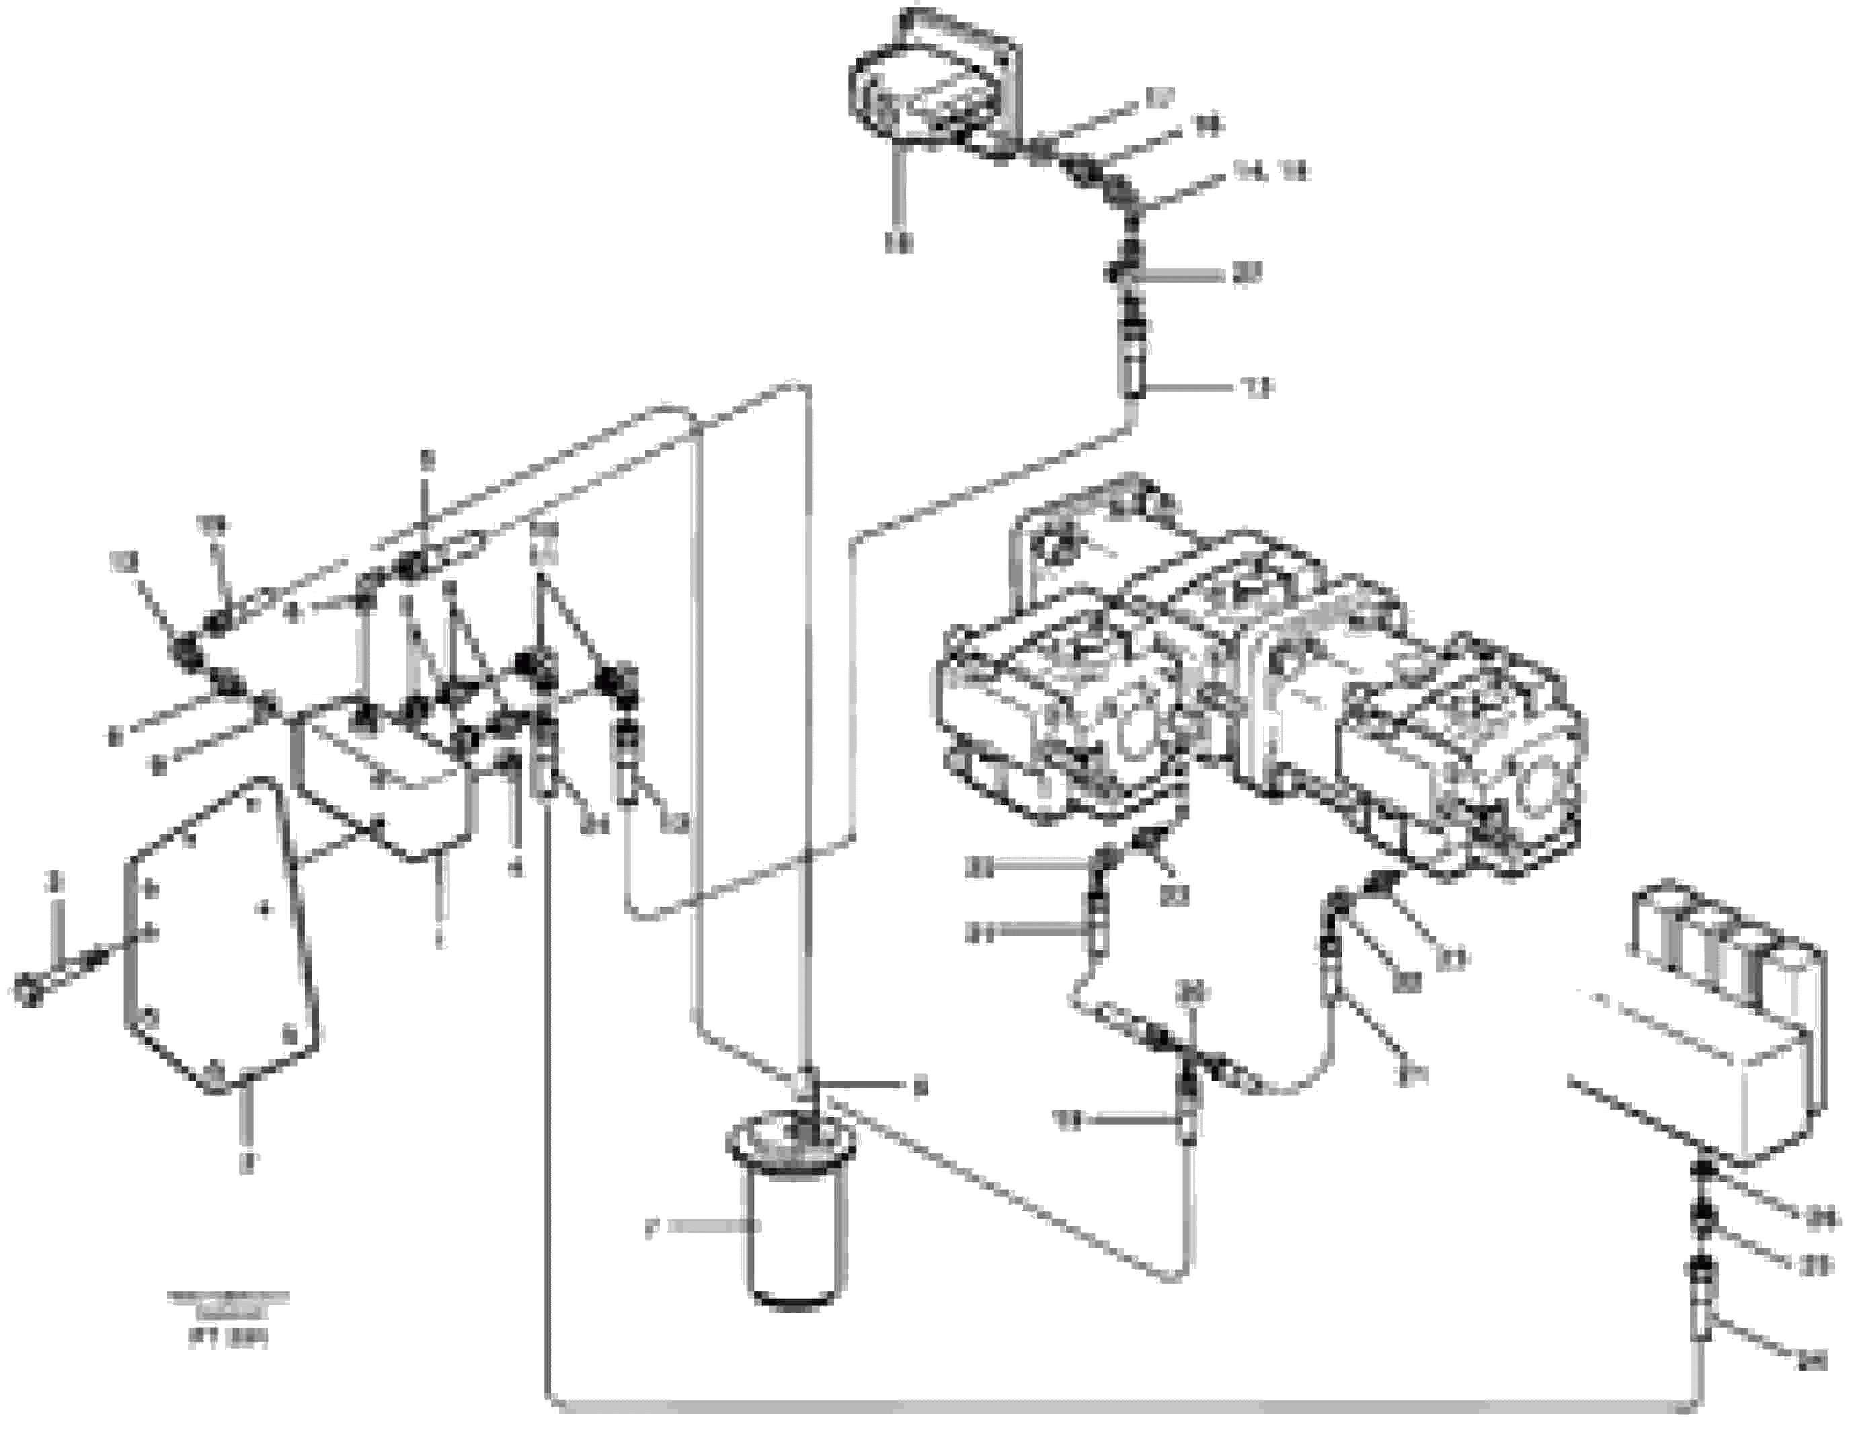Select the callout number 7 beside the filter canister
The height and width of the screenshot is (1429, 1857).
coord(652,1229)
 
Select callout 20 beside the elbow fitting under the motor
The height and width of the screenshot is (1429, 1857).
coord(1247,274)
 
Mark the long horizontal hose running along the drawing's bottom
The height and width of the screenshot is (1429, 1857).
coord(1105,1406)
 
